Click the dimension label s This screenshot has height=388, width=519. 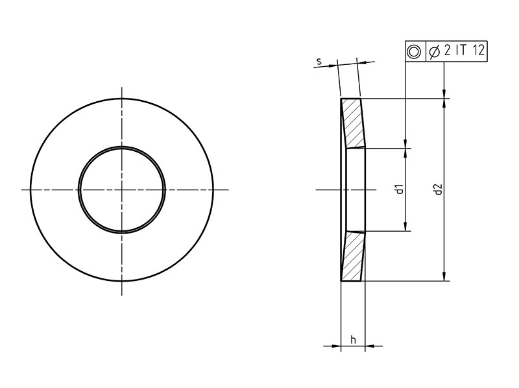click(x=319, y=61)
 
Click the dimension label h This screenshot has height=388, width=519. click(x=353, y=339)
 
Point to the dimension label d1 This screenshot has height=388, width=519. click(x=400, y=189)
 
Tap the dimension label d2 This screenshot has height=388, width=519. click(x=439, y=189)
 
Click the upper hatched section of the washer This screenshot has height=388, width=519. click(x=354, y=123)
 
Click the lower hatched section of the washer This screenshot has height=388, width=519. click(x=354, y=256)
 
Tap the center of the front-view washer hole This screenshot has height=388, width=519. click(x=122, y=189)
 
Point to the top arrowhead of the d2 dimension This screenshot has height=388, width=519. click(x=444, y=103)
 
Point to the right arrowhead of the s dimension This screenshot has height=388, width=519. click(x=363, y=62)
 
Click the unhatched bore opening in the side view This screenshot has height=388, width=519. click(x=356, y=189)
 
